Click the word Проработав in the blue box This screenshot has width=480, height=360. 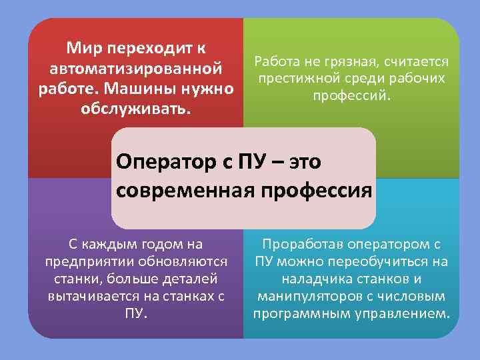[x=301, y=244]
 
